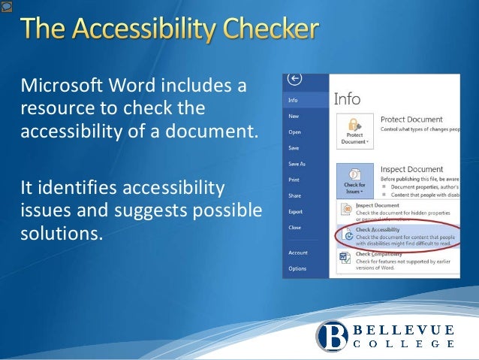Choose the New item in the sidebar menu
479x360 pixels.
(x=294, y=116)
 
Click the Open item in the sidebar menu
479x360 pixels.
(x=294, y=132)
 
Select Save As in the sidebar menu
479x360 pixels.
(x=297, y=164)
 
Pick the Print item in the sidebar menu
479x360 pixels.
(x=294, y=180)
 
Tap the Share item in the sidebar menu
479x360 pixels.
(x=295, y=195)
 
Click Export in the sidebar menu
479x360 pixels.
(x=296, y=211)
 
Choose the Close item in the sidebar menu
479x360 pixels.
(x=295, y=227)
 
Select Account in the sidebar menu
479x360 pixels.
(x=298, y=253)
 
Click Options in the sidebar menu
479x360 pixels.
(x=297, y=268)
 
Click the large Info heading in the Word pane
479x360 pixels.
(x=347, y=99)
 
